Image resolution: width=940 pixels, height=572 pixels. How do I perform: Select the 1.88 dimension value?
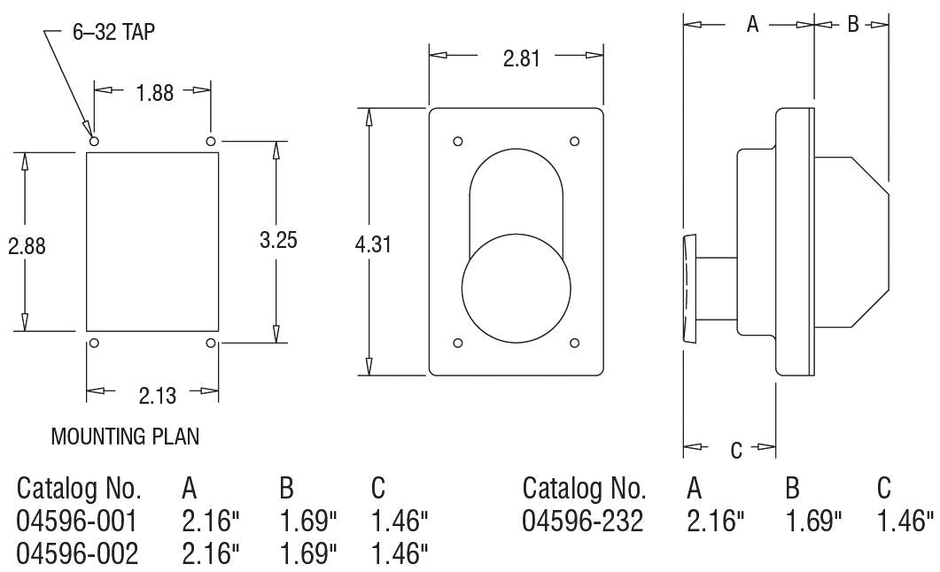pyautogui.click(x=154, y=92)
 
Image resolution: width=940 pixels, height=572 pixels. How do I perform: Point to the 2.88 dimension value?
pyautogui.click(x=27, y=246)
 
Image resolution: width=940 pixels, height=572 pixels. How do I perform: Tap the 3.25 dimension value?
pyautogui.click(x=278, y=240)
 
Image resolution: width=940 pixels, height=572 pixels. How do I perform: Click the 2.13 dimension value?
pyautogui.click(x=157, y=395)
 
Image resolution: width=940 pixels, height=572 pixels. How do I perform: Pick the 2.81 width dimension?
pyautogui.click(x=522, y=58)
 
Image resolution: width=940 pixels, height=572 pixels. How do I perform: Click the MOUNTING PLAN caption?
pyautogui.click(x=125, y=437)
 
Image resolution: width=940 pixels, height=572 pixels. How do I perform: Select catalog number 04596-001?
pyautogui.click(x=78, y=522)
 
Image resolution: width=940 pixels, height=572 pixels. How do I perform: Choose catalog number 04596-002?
pyautogui.click(x=78, y=554)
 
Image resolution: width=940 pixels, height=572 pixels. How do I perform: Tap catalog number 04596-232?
pyautogui.click(x=583, y=522)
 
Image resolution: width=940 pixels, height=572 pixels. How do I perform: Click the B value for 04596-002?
pyautogui.click(x=308, y=554)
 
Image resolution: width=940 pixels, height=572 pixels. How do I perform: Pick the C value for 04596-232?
pyautogui.click(x=905, y=522)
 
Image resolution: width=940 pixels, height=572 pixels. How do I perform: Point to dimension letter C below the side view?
pyautogui.click(x=736, y=450)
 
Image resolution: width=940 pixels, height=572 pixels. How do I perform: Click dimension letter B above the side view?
pyautogui.click(x=852, y=25)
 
